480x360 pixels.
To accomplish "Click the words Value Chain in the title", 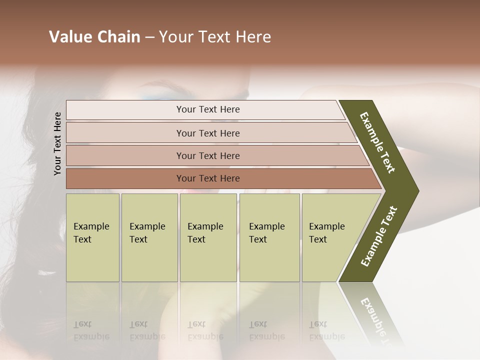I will [94, 37].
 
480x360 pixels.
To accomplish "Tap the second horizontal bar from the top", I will [208, 133].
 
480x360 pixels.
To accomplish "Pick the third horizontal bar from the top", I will [208, 155].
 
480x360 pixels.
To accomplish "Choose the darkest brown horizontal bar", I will [208, 178].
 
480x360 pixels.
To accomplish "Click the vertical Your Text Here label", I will [58, 143].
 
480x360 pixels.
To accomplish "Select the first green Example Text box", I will [92, 237].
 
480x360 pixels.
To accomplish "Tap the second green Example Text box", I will [149, 237].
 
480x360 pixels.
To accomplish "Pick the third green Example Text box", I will [207, 237].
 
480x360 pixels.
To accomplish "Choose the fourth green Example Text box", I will [269, 237].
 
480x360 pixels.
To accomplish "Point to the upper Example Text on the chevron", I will [377, 142].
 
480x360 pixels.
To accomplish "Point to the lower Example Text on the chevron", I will [379, 236].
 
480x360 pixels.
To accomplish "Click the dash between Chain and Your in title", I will [149, 37].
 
